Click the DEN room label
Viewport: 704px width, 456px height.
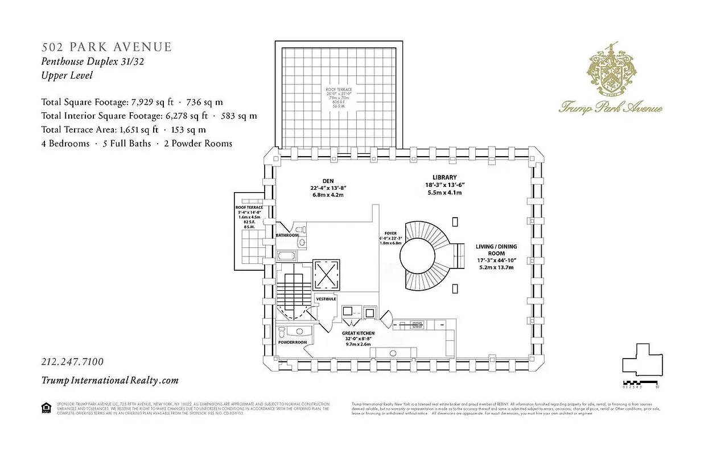click(327, 181)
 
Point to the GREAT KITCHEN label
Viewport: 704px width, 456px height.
click(358, 333)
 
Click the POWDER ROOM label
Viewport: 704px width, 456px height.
click(293, 342)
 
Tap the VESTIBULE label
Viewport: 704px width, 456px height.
click(326, 299)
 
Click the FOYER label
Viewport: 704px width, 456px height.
click(390, 233)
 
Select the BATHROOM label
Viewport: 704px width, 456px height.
click(287, 235)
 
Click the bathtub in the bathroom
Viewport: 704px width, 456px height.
click(287, 255)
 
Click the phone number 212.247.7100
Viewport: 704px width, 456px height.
click(72, 362)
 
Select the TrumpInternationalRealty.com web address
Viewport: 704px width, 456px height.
click(110, 380)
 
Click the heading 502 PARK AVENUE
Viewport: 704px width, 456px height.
click(106, 47)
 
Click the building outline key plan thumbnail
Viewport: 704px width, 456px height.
click(642, 359)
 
